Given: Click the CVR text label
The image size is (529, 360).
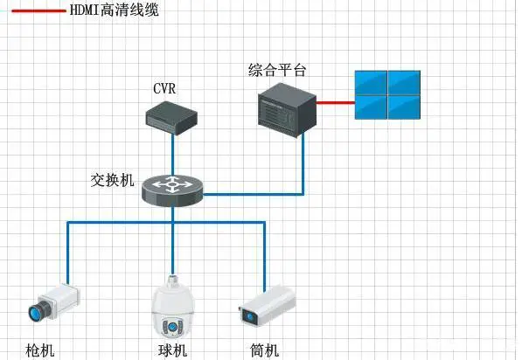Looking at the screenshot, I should (x=164, y=88).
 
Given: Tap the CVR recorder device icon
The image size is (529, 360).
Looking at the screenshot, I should (x=171, y=116).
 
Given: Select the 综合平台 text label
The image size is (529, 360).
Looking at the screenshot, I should (x=278, y=69).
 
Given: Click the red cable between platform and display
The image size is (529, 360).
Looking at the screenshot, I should (x=334, y=102).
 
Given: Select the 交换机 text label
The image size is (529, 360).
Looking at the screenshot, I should (x=113, y=181).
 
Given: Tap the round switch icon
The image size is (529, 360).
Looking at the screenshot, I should (x=172, y=188).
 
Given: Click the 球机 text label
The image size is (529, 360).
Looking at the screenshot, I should (x=172, y=350).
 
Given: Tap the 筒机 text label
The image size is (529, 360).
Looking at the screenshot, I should (x=264, y=350).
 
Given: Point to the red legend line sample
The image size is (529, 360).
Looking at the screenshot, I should (x=38, y=11).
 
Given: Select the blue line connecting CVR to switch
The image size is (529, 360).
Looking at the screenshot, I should (x=172, y=153).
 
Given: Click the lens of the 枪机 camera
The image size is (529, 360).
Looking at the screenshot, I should (x=38, y=310).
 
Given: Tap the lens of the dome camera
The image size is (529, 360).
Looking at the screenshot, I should (x=171, y=327).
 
